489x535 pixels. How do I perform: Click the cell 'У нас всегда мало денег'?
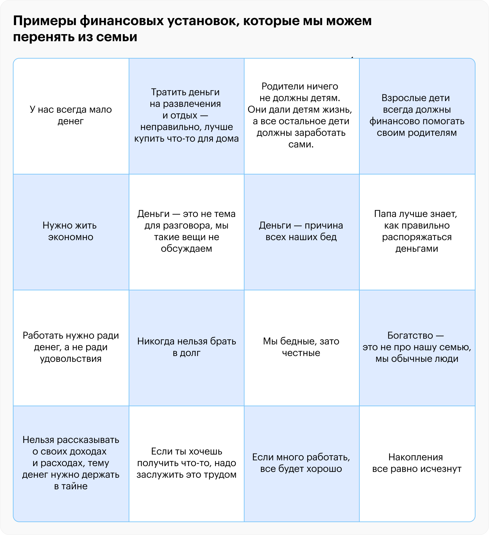click(x=71, y=116)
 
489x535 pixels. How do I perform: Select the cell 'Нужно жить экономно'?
click(x=71, y=232)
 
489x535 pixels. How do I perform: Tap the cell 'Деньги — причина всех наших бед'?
click(x=301, y=232)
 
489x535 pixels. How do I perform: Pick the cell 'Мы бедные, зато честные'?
click(x=301, y=348)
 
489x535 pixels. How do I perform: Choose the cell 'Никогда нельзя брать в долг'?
click(x=187, y=348)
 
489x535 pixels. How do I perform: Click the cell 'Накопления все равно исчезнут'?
click(x=417, y=464)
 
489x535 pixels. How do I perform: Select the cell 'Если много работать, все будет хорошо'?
click(x=301, y=464)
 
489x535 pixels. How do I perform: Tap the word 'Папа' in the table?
click(x=385, y=214)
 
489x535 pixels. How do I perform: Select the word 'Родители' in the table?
click(x=281, y=87)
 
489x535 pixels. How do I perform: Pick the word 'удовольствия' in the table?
click(x=71, y=359)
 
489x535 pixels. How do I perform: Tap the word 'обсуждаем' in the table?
click(x=187, y=249)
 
